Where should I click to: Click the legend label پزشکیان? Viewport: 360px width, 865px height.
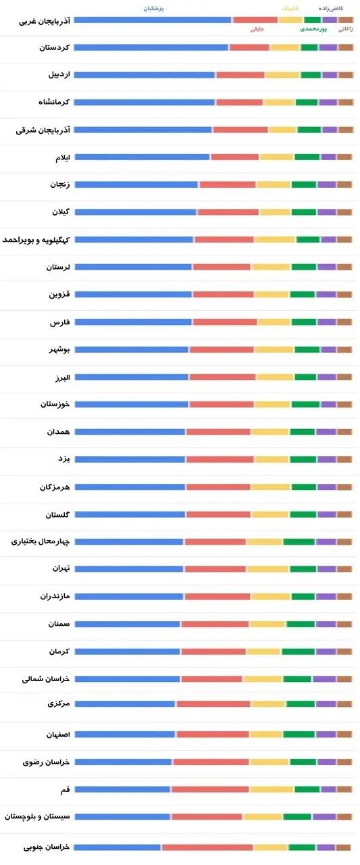click(x=154, y=8)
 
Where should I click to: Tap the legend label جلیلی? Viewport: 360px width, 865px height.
click(x=257, y=30)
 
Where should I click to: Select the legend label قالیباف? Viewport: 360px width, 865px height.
click(x=289, y=8)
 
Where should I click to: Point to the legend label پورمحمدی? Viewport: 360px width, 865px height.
click(x=314, y=30)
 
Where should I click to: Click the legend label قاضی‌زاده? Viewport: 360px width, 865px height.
click(x=331, y=8)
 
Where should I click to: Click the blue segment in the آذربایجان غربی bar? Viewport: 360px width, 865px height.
click(x=153, y=20)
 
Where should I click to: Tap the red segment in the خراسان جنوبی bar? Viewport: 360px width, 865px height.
click(x=207, y=847)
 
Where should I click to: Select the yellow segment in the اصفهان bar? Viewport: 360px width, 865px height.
click(x=266, y=734)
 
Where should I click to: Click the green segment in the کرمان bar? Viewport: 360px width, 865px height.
click(x=298, y=651)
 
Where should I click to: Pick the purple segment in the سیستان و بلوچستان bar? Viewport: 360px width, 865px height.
click(x=324, y=816)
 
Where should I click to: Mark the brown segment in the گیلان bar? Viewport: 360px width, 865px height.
click(x=344, y=212)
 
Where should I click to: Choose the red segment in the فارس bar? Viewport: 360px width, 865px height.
click(x=225, y=322)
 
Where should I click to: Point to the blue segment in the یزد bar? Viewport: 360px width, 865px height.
click(x=130, y=460)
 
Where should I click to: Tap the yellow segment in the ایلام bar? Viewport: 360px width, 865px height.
click(x=276, y=157)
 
